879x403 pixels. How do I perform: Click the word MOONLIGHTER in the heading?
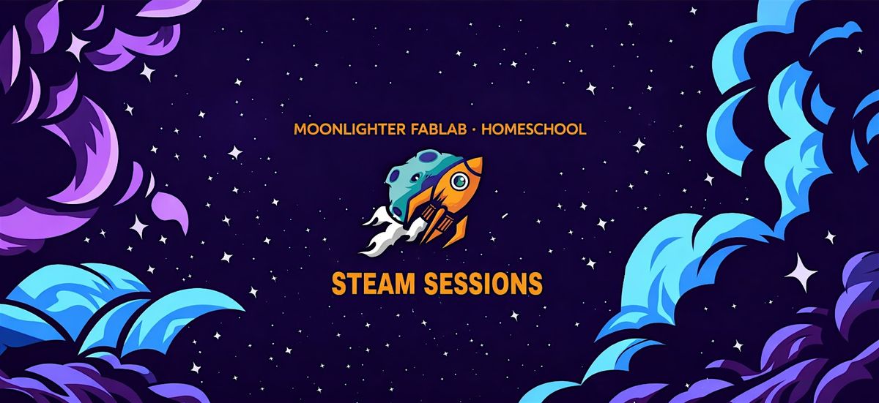349,129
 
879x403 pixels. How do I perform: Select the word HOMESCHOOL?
534,129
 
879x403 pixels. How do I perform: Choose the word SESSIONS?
483,284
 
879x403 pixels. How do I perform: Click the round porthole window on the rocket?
459,181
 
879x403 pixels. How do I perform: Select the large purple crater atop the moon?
427,157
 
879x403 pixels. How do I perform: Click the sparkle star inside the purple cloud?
77,47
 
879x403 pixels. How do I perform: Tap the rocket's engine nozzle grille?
439,223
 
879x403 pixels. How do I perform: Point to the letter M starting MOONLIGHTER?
300,129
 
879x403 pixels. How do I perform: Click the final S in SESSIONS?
535,284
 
